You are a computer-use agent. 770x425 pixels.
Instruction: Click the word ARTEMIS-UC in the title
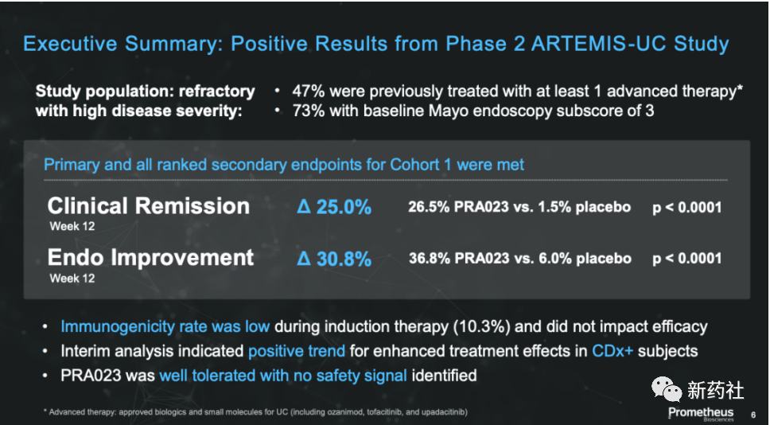[599, 44]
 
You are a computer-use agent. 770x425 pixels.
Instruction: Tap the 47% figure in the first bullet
[309, 92]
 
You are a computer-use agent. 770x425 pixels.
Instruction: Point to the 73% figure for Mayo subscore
[309, 111]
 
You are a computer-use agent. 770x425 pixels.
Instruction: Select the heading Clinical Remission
[148, 206]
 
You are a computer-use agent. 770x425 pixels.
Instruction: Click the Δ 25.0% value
[334, 208]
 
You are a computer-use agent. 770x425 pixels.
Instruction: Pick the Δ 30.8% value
[334, 259]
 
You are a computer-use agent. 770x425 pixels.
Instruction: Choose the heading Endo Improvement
[151, 258]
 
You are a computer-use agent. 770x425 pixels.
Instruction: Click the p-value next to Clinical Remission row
[687, 208]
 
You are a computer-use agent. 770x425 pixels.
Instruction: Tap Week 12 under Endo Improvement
[72, 279]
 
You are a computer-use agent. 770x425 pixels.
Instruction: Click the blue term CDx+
[612, 351]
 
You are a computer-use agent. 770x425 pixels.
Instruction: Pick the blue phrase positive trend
[297, 351]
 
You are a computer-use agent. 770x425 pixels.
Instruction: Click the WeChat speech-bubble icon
[667, 389]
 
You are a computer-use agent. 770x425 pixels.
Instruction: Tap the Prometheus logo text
[701, 412]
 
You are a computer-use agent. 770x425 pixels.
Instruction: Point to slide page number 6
[753, 415]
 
